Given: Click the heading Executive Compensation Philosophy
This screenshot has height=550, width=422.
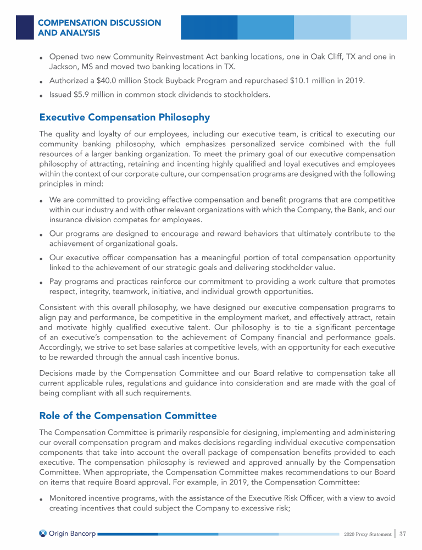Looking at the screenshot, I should [x=124, y=117].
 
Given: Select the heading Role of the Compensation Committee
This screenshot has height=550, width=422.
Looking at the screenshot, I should [x=128, y=416].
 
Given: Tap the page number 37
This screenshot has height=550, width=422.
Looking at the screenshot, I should [x=403, y=533].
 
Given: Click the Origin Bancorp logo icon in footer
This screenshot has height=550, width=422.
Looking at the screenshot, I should [x=43, y=533].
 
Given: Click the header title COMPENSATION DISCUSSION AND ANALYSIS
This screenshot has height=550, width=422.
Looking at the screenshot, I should [x=99, y=28].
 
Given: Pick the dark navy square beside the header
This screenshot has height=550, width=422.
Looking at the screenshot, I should [x=25, y=27].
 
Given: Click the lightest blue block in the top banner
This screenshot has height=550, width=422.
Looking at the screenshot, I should [x=379, y=27].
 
